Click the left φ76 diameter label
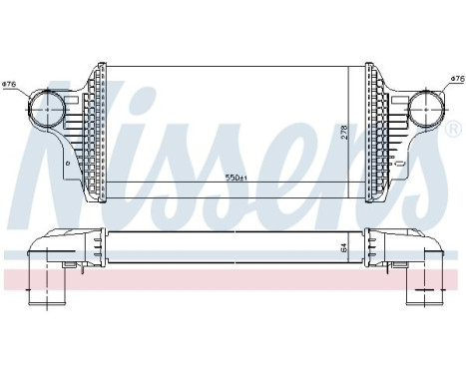tap(10, 84)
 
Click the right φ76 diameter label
tap(456, 77)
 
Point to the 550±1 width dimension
tap(235, 179)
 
